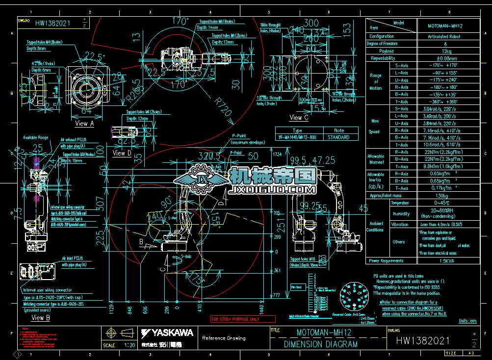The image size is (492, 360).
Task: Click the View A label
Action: (85, 124)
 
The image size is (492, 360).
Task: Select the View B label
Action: (41, 318)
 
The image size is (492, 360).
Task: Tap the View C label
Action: (299, 118)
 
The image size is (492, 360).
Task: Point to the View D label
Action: (122, 153)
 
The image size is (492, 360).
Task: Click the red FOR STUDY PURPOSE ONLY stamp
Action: (235, 319)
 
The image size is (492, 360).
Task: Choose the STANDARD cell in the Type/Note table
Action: (338, 138)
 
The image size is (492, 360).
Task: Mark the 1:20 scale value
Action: (130, 345)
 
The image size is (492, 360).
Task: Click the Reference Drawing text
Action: (224, 338)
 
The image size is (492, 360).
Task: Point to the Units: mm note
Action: (466, 321)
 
